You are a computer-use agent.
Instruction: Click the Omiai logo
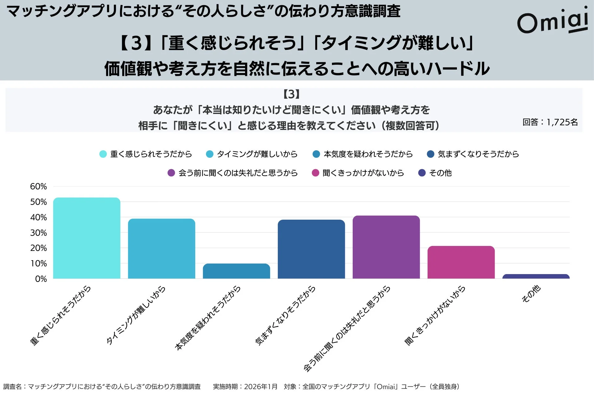[553, 21]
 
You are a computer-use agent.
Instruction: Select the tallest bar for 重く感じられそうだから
[87, 238]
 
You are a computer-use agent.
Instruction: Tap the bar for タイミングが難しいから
[161, 249]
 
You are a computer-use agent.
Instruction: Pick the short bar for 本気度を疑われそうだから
[236, 271]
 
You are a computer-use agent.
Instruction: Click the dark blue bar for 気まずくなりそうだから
[311, 249]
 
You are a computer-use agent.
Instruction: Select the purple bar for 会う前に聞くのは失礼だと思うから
[386, 247]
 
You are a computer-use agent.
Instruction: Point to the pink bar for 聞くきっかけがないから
[461, 262]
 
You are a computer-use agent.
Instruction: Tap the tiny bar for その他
[536, 276]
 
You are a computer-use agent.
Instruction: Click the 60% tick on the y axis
[38, 187]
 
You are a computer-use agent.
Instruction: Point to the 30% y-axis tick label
[38, 233]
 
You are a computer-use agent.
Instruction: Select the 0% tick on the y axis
[41, 279]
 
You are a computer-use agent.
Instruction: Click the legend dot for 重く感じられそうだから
[103, 154]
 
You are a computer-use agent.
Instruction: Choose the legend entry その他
[440, 173]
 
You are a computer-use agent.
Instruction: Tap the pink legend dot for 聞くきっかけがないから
[315, 173]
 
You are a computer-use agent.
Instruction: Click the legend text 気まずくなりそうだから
[478, 154]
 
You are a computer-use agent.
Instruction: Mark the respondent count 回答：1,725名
[550, 122]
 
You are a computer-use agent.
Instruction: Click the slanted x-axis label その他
[531, 294]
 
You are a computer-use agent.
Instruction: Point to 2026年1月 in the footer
[260, 387]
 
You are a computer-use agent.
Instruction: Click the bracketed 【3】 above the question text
[291, 94]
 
